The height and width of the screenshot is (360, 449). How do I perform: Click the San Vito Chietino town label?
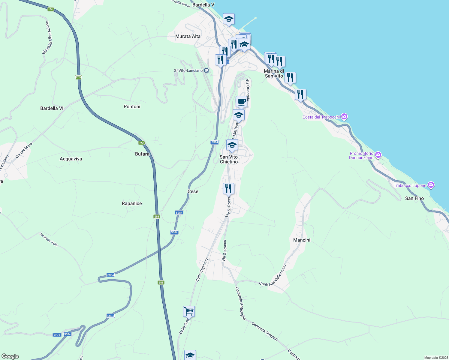(229, 159)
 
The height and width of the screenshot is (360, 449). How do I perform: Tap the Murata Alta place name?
(188, 36)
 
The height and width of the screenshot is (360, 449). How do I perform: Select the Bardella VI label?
(52, 108)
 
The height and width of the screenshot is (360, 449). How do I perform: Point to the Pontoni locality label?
(132, 106)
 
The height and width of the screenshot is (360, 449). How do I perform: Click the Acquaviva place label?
(71, 159)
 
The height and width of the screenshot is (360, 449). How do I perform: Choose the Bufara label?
(142, 154)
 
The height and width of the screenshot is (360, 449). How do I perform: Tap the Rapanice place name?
(132, 203)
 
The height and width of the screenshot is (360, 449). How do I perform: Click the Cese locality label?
(193, 191)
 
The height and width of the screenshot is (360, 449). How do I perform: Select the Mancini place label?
(302, 240)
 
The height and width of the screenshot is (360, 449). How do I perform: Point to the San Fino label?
(414, 198)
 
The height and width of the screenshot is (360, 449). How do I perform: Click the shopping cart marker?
(189, 311)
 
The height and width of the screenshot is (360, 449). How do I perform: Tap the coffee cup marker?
(241, 101)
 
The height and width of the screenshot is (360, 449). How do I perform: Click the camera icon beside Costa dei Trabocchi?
(344, 117)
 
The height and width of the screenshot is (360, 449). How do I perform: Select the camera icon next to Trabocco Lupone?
(431, 185)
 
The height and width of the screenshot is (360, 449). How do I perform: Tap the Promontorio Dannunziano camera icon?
(378, 155)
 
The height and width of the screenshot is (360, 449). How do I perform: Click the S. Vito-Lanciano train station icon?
(206, 70)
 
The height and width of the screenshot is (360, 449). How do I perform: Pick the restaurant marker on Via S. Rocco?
(228, 188)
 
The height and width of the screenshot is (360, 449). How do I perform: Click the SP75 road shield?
(57, 335)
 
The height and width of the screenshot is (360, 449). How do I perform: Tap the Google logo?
(10, 356)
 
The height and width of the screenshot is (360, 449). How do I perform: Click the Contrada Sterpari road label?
(265, 331)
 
